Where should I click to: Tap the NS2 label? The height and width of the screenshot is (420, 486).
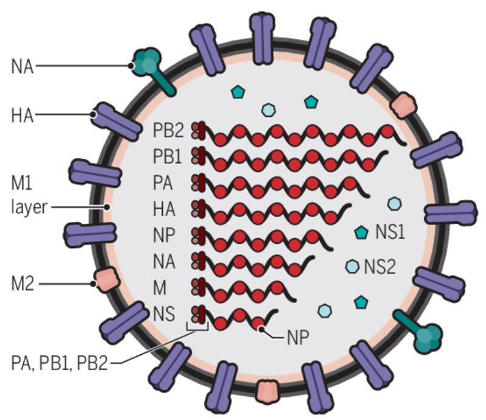point(380,266)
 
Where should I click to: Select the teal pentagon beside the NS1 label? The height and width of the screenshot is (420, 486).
point(362,232)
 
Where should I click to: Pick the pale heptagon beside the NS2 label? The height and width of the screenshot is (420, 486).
point(351,265)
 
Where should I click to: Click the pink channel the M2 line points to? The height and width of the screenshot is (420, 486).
point(104,280)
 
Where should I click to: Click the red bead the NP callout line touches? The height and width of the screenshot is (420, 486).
point(259,323)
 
